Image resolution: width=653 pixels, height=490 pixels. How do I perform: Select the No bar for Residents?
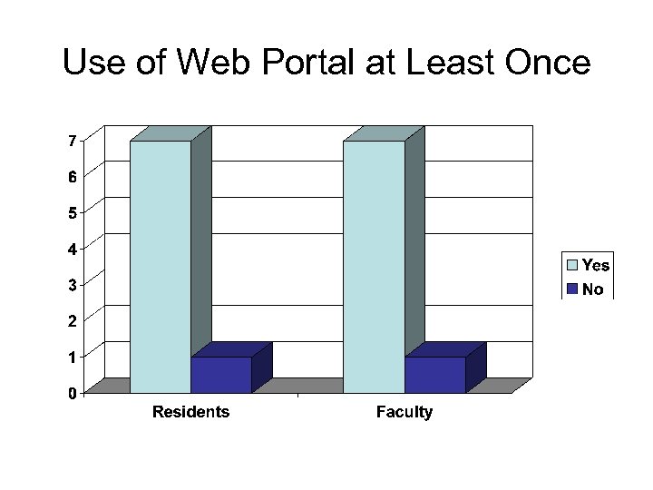click(221, 375)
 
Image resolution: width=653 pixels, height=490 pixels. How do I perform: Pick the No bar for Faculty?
click(434, 375)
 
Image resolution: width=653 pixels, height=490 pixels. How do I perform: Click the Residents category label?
click(190, 413)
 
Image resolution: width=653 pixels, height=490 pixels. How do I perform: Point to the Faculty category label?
click(404, 413)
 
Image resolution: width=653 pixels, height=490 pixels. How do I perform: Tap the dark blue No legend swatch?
click(573, 289)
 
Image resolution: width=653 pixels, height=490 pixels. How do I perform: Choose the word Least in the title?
click(446, 64)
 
